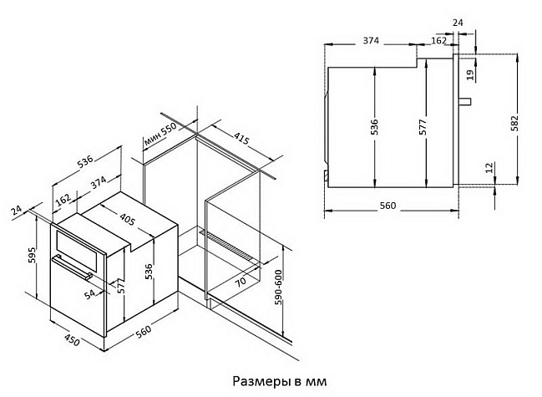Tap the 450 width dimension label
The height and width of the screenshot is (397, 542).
73,339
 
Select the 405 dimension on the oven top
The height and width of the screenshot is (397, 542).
127,219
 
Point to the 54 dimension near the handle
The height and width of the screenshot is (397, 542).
89,294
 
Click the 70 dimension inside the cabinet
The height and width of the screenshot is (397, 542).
241,281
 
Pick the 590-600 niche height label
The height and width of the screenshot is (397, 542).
279,287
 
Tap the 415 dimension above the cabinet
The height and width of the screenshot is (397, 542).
241,139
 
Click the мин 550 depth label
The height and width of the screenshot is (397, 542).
160,135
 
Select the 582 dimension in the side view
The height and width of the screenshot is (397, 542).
514,122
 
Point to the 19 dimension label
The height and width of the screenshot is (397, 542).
470,75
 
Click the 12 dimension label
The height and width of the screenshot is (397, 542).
489,168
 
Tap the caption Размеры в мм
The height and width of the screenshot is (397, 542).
279,381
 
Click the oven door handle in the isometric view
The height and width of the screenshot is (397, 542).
73,267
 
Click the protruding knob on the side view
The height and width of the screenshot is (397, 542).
465,101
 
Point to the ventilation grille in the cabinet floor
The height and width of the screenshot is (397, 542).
229,245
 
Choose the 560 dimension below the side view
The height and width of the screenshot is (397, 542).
388,206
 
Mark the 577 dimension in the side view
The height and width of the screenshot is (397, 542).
423,127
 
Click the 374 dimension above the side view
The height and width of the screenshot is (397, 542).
371,40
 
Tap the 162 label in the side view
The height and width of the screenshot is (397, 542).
439,40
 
